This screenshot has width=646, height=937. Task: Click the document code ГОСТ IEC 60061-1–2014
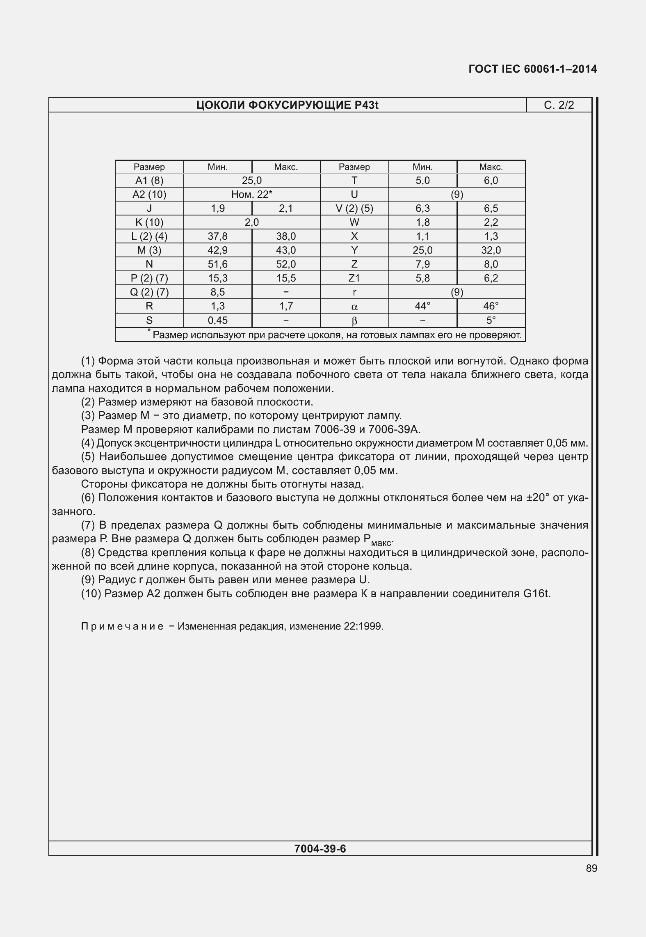tap(532, 69)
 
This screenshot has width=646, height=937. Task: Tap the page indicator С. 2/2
tap(559, 105)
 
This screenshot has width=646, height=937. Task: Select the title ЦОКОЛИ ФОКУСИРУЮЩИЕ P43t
tap(287, 105)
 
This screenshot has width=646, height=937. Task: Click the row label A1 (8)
tap(149, 181)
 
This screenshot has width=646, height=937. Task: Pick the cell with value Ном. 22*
tap(252, 195)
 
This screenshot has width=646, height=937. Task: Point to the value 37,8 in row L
tap(217, 236)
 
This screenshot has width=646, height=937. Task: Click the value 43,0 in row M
tap(286, 250)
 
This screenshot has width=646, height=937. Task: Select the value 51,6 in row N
tap(217, 264)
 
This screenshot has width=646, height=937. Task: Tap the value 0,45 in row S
tap(217, 321)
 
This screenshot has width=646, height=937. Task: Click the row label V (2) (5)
tap(354, 208)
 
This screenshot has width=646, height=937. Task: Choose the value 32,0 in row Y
tap(491, 250)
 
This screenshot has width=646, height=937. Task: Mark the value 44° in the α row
tap(422, 306)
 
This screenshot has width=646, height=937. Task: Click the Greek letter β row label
tap(354, 321)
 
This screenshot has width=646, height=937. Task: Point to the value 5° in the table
tap(491, 321)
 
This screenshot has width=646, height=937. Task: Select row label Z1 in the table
tap(354, 278)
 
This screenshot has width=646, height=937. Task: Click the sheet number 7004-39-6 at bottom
tap(320, 849)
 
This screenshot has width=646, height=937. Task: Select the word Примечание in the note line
tap(122, 626)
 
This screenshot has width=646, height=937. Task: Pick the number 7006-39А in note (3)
tap(394, 430)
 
